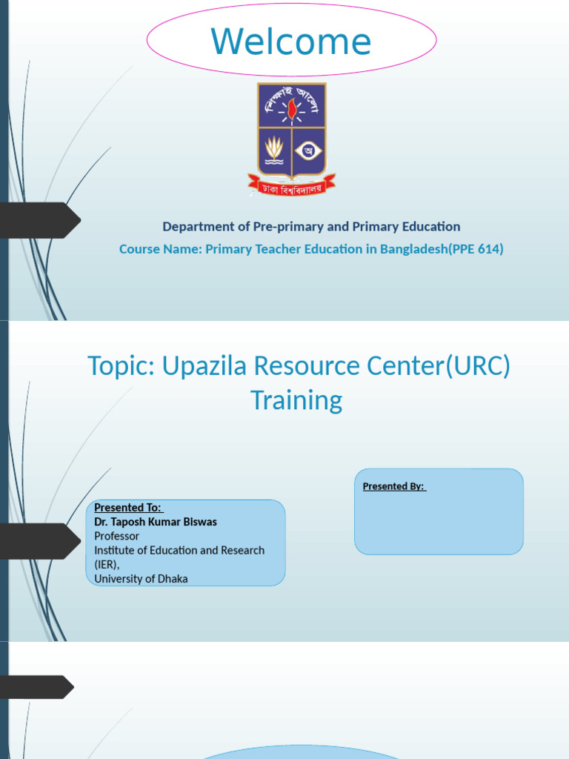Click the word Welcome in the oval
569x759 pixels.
[x=291, y=42]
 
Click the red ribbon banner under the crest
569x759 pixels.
[x=292, y=184]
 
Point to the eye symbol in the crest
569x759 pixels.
[x=309, y=151]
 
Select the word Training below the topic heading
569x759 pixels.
[x=296, y=400]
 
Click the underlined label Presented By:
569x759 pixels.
[x=394, y=486]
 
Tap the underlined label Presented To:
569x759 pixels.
[x=128, y=508]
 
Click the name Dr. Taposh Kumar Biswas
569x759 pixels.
[x=156, y=522]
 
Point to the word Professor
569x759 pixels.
[x=117, y=536]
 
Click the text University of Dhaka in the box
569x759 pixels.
[x=141, y=578]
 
